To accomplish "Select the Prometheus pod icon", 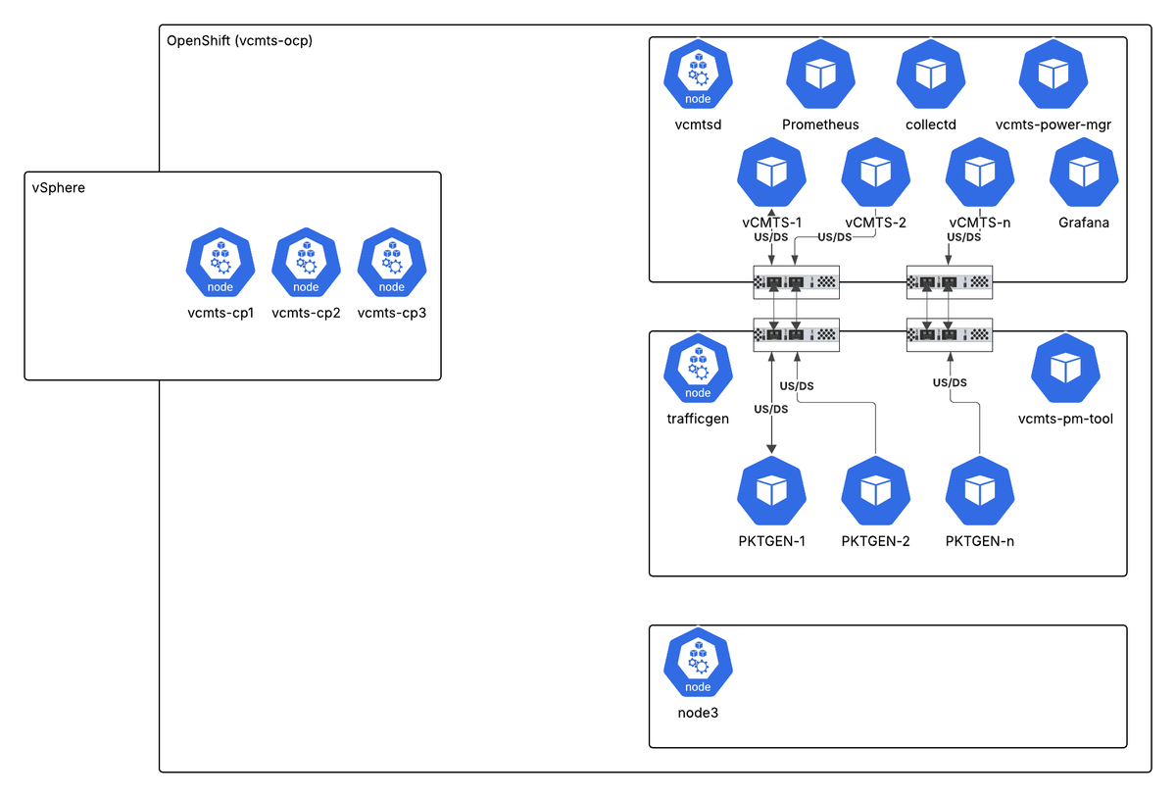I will [820, 75].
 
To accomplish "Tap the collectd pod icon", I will [931, 75].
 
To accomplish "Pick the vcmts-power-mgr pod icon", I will [1053, 75].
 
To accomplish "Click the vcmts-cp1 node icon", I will [220, 264].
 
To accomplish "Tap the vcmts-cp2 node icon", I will [306, 264].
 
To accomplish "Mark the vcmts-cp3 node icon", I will [392, 264].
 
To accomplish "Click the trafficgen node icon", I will [698, 369].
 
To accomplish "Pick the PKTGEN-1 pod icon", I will [772, 491].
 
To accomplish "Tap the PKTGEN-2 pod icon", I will [875, 491].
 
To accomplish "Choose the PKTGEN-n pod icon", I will [979, 491].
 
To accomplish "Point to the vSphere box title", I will [59, 187].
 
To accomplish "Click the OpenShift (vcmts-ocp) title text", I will [240, 40].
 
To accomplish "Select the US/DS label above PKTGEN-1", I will [771, 409].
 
